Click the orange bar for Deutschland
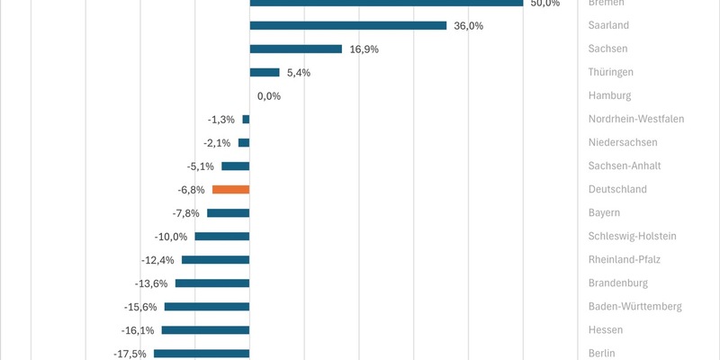click(x=230, y=189)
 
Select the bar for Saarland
click(x=347, y=25)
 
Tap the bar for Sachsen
click(x=295, y=49)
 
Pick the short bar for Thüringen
click(x=264, y=72)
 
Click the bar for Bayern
click(x=228, y=212)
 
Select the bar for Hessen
click(x=205, y=330)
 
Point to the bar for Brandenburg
click(x=211, y=283)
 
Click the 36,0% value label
click(x=468, y=25)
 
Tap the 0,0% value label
click(x=269, y=95)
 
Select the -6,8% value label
click(x=191, y=190)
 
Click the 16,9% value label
click(x=364, y=49)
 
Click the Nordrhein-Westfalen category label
click(x=636, y=119)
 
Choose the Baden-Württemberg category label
click(x=634, y=307)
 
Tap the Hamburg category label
click(x=610, y=95)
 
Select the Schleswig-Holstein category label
click(x=632, y=236)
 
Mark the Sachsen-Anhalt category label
click(x=625, y=166)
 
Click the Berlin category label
click(x=602, y=354)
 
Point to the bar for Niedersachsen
click(x=244, y=142)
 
